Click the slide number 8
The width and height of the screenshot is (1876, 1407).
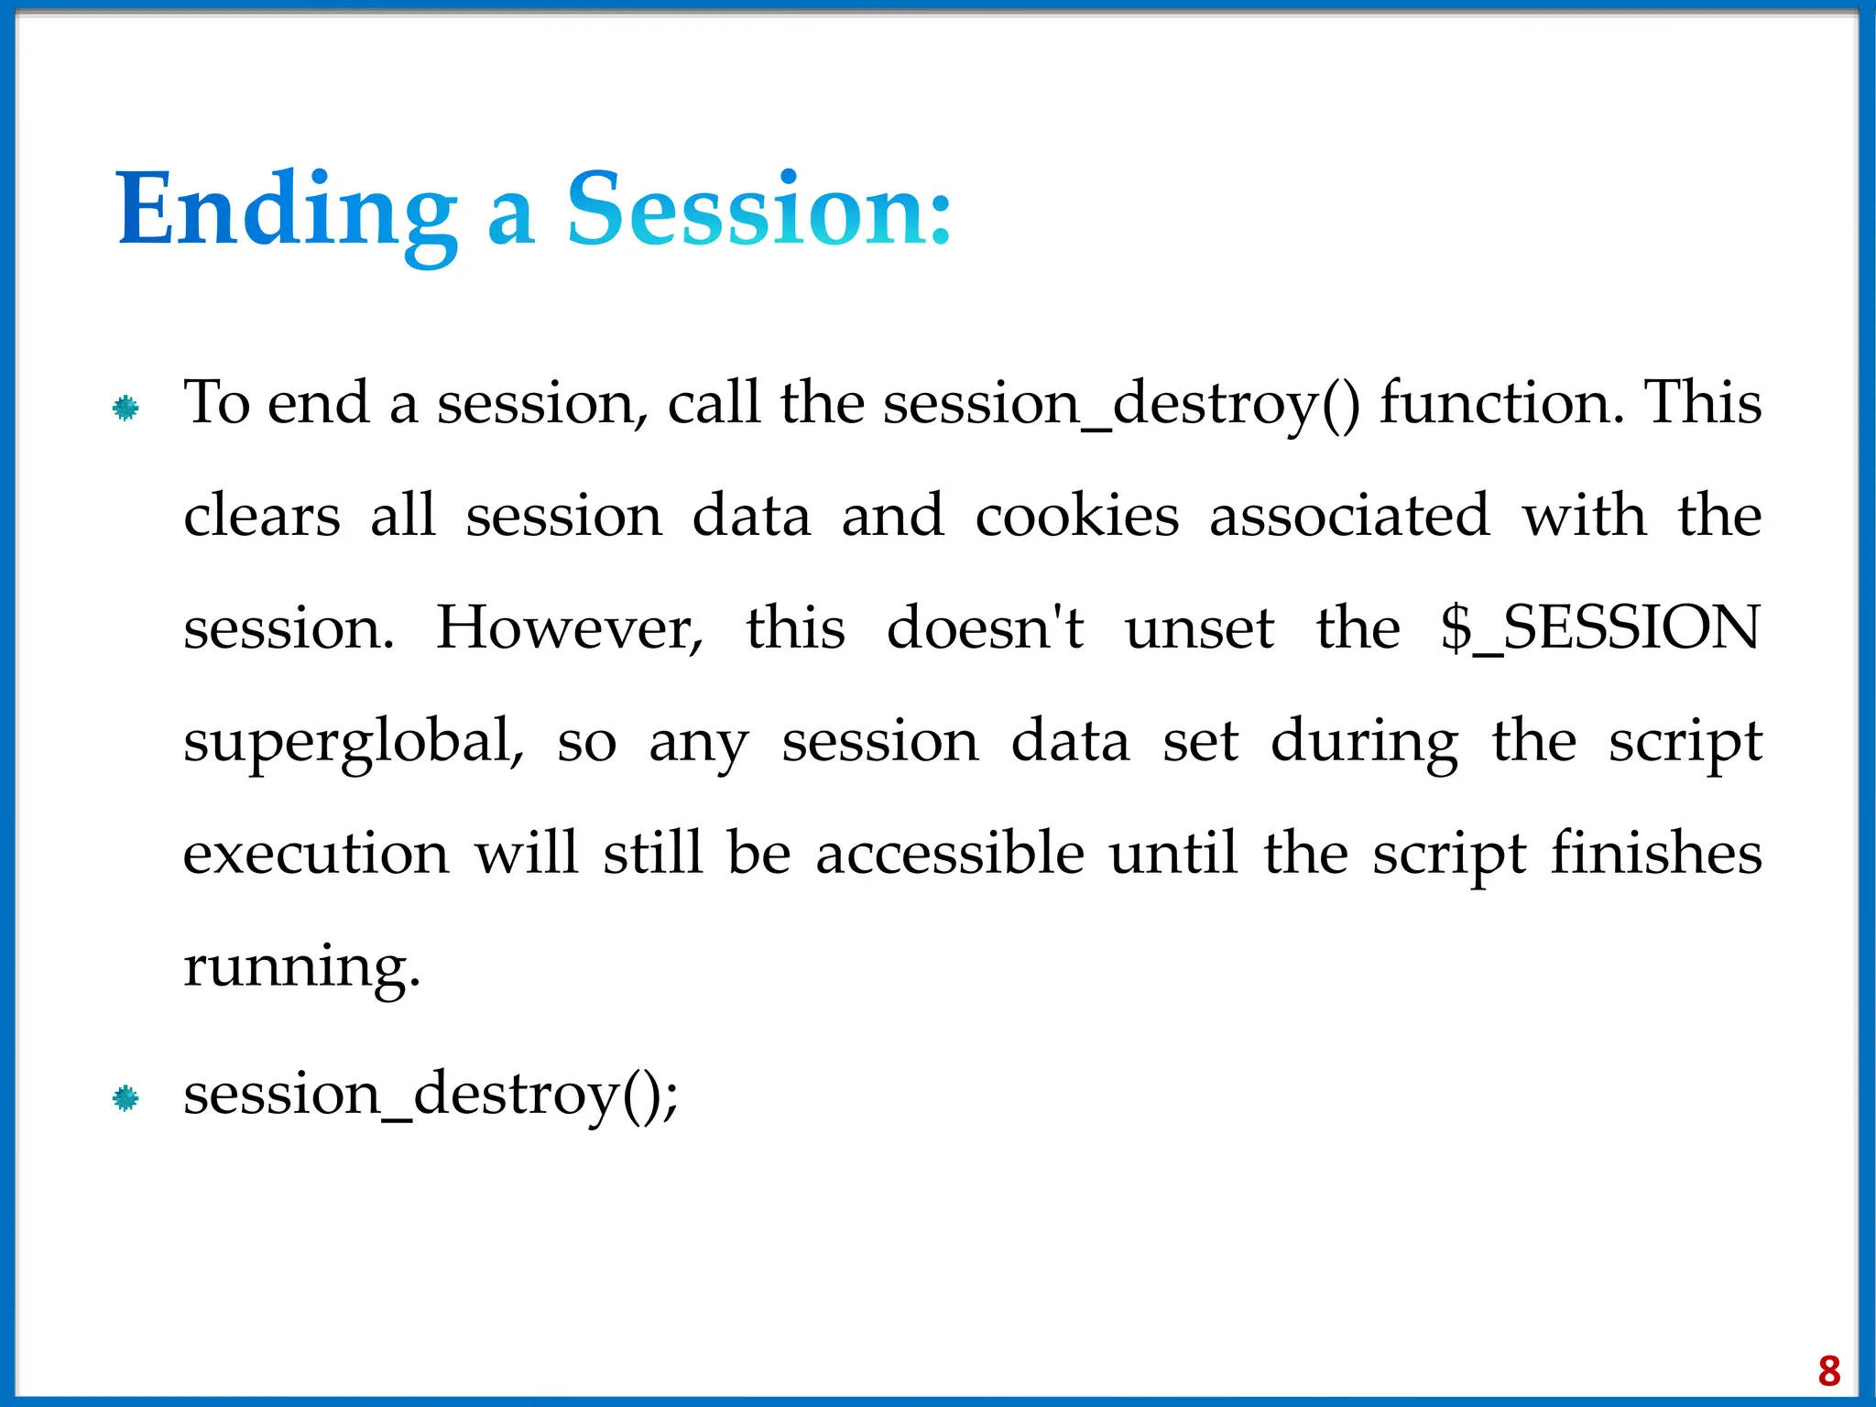1828,1371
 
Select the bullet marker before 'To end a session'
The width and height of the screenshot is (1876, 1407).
125,408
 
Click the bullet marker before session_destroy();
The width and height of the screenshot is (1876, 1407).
125,1097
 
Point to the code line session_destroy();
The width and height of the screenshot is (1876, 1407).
431,1095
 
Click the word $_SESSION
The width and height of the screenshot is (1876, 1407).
1599,628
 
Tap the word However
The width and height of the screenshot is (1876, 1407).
569,628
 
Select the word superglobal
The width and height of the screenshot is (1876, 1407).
353,742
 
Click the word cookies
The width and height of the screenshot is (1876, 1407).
1076,516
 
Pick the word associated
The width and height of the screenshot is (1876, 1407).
1349,516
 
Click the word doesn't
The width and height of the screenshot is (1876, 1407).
985,628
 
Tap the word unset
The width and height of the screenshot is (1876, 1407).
1199,628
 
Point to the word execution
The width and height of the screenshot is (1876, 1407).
316,854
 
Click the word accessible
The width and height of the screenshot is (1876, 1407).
950,854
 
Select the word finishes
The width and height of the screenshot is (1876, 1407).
1656,854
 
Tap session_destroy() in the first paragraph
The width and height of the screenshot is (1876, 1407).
1121,404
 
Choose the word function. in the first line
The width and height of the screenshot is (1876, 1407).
1502,404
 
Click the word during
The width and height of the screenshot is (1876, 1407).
1364,742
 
